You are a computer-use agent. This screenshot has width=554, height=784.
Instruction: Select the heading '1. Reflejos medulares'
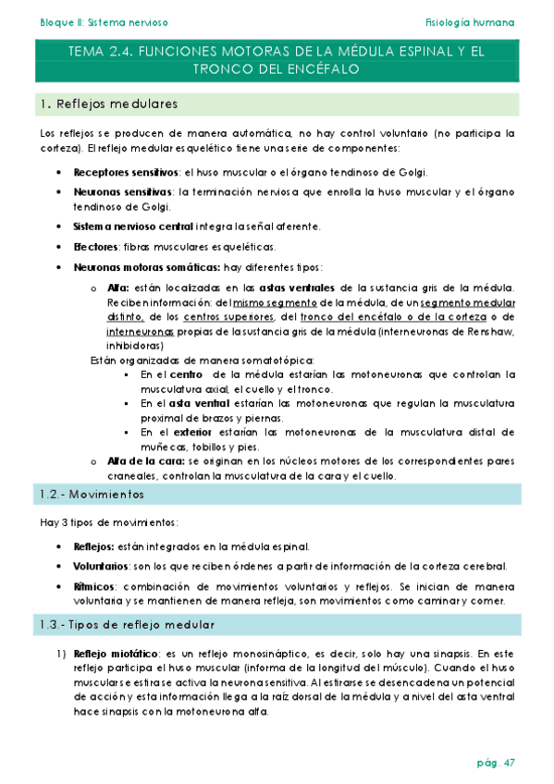click(x=111, y=104)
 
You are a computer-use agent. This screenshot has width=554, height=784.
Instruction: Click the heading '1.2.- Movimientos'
click(x=92, y=495)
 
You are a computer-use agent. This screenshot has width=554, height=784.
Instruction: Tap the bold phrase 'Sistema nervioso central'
click(x=130, y=226)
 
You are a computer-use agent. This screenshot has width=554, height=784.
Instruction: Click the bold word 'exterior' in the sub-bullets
click(x=198, y=432)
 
